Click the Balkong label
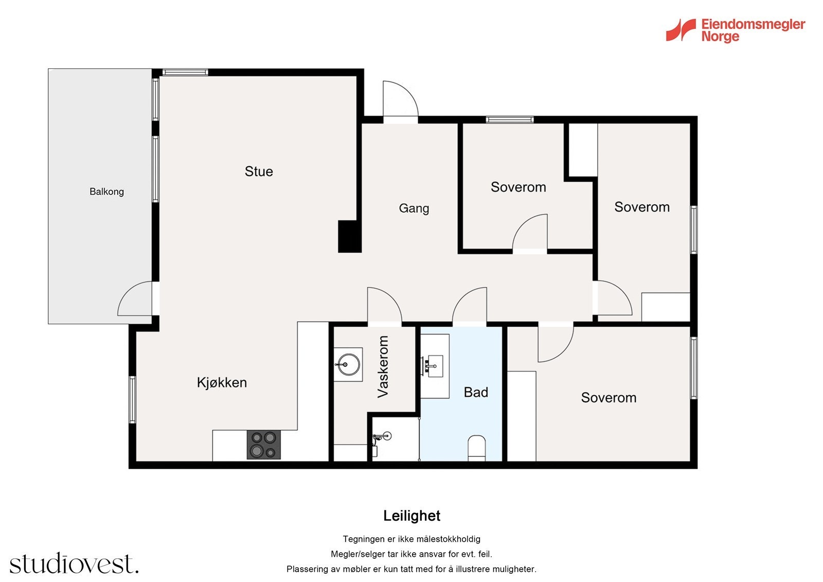[106, 191]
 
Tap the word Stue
[259, 171]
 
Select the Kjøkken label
[222, 383]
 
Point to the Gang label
[414, 208]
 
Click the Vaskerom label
[383, 366]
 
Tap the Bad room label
[476, 392]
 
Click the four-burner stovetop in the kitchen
[263, 445]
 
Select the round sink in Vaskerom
[348, 364]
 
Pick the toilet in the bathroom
[476, 448]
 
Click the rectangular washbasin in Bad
[435, 366]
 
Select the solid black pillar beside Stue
[349, 236]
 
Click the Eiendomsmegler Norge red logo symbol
[681, 30]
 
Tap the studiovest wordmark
[74, 563]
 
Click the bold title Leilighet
[411, 516]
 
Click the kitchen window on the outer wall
[132, 400]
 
